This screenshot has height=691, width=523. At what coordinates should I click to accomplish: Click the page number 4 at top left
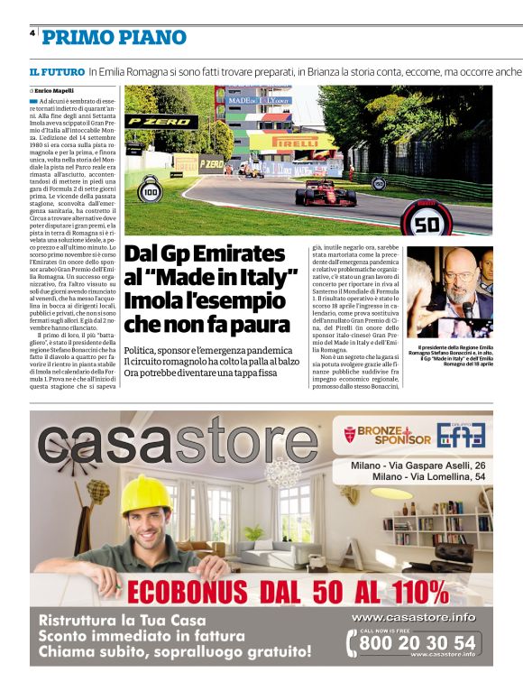pos(32,32)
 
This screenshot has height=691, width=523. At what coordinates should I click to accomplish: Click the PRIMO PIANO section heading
pos(115,37)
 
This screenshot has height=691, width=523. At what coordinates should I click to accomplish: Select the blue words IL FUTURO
pos(56,70)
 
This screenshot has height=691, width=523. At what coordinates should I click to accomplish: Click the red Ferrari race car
pos(326,192)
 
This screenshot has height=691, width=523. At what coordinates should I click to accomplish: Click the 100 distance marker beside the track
pos(151,191)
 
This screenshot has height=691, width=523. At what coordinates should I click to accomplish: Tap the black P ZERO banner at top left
pos(161,121)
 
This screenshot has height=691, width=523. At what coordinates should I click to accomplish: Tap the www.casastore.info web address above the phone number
pos(412,617)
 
